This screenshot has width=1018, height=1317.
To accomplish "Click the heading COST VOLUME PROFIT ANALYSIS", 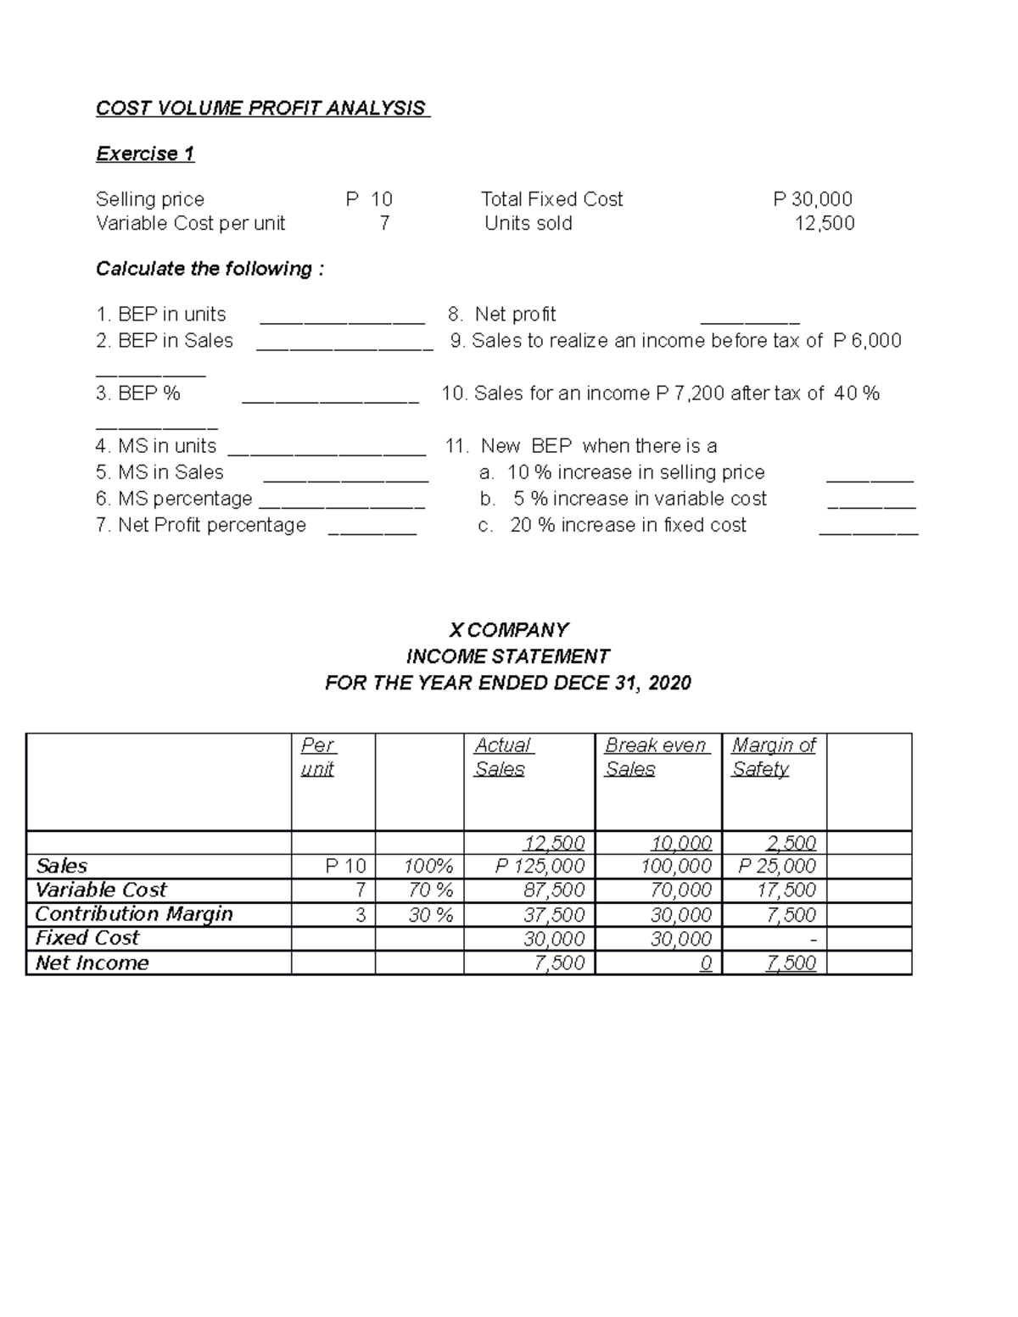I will (x=261, y=109).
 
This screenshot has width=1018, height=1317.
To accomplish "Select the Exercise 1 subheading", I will (x=145, y=153).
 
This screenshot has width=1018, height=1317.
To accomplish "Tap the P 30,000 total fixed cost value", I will (x=813, y=199).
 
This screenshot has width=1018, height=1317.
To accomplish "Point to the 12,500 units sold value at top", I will (x=824, y=223).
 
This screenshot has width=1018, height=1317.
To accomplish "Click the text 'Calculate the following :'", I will (x=210, y=269).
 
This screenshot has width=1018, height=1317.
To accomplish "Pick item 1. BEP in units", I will (x=161, y=315).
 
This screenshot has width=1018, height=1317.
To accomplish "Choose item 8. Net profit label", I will (x=502, y=315).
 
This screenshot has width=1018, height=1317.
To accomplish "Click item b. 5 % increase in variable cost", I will (x=624, y=499).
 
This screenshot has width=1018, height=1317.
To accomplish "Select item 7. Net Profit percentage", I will (x=201, y=525).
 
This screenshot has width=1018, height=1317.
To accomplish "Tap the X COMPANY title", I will (x=508, y=630).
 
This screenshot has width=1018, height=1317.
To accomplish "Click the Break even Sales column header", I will (x=654, y=756).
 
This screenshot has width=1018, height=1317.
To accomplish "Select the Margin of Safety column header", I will (x=773, y=756).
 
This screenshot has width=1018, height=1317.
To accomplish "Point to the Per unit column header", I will (x=318, y=756).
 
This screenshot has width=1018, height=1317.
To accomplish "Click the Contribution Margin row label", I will (x=134, y=914).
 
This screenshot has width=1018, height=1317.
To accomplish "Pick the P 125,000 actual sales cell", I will (x=540, y=866).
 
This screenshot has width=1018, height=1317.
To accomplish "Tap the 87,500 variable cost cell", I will (x=554, y=890).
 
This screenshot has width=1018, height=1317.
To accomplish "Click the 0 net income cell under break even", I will (x=706, y=963).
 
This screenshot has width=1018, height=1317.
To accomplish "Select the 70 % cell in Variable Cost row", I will (x=430, y=890).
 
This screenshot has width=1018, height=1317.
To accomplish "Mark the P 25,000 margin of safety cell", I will (x=776, y=866).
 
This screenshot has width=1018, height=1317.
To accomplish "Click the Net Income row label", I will (x=92, y=963).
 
